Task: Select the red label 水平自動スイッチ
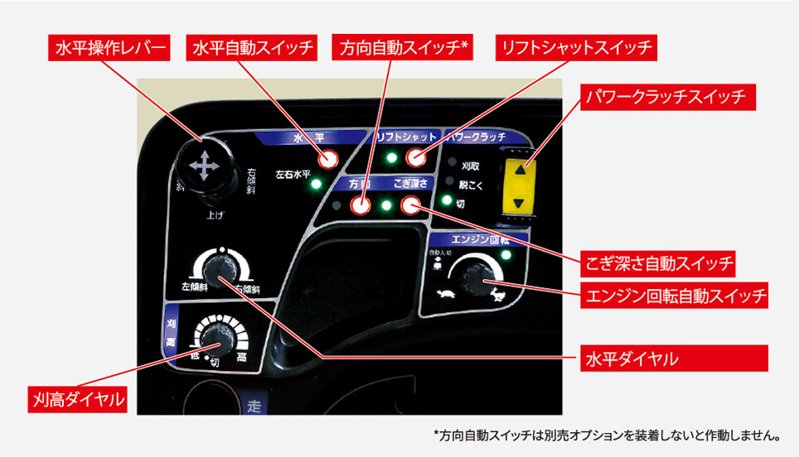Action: pos(253,49)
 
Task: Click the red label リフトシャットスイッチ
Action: pos(575,49)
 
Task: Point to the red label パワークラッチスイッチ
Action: pos(667,98)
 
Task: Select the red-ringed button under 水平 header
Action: pos(328,160)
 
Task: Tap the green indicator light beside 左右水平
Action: pos(315,184)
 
